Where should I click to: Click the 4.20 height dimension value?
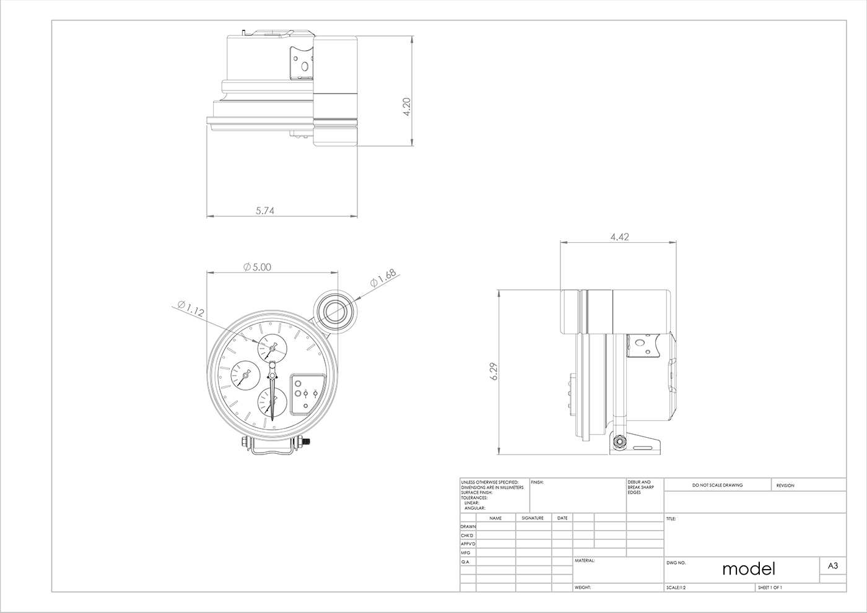pyautogui.click(x=406, y=107)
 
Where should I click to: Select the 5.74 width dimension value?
pyautogui.click(x=264, y=211)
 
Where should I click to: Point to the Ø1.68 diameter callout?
pyautogui.click(x=383, y=278)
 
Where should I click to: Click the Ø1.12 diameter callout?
pyautogui.click(x=190, y=308)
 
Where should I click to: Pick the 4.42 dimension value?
pyautogui.click(x=619, y=237)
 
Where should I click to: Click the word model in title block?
pyautogui.click(x=748, y=568)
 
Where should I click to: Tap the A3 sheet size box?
pyautogui.click(x=832, y=565)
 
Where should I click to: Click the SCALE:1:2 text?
pyautogui.click(x=676, y=587)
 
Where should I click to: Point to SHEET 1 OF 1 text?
pyautogui.click(x=770, y=587)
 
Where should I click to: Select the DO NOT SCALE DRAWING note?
pyautogui.click(x=717, y=485)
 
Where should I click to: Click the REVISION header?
pyautogui.click(x=785, y=485)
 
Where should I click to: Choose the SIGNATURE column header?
pyautogui.click(x=533, y=518)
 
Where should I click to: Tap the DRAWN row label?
pyautogui.click(x=468, y=526)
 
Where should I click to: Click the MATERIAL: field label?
pyautogui.click(x=585, y=560)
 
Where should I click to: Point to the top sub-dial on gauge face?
pyautogui.click(x=272, y=349)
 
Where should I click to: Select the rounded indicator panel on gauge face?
pyautogui.click(x=308, y=393)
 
